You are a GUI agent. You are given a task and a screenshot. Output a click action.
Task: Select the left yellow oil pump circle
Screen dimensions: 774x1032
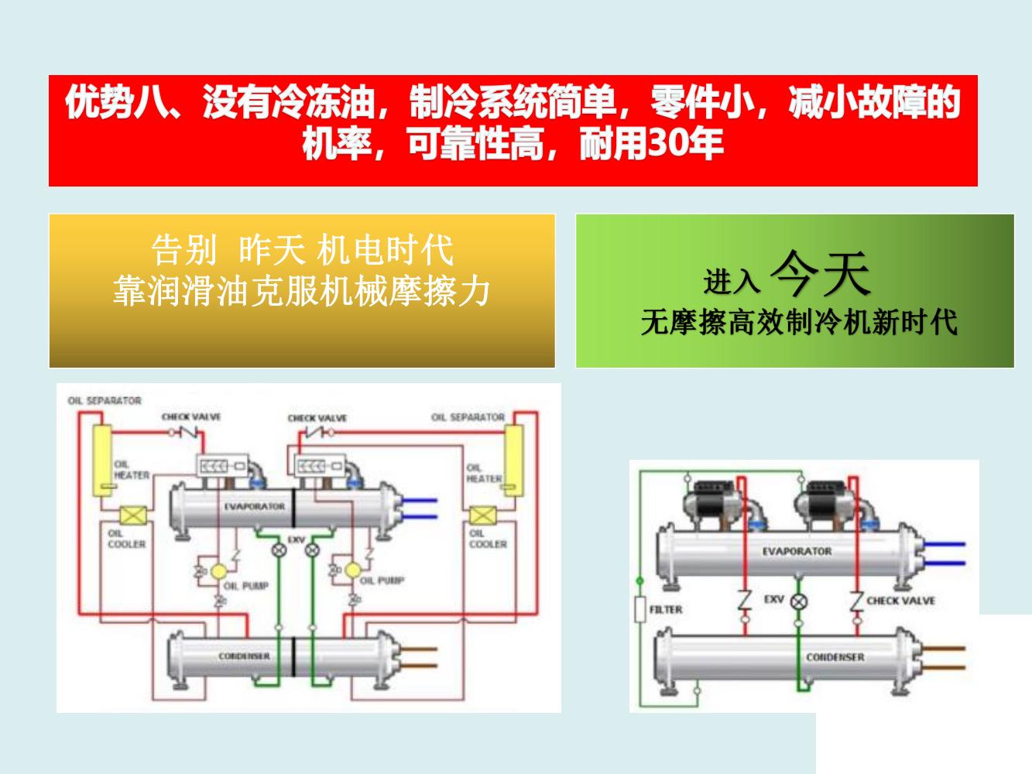(219, 570)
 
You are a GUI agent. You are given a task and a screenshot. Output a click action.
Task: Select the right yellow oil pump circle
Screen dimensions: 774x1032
(353, 570)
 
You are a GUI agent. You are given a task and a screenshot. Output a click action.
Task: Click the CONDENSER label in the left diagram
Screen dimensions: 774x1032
(244, 656)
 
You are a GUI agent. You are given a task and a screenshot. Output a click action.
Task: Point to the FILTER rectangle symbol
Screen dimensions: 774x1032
(640, 610)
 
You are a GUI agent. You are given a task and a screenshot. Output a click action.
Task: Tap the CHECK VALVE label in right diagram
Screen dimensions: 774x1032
(900, 601)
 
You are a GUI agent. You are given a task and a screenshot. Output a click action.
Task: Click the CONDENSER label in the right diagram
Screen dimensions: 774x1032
(835, 657)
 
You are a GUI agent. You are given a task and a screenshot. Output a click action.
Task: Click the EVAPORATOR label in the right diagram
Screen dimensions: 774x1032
(797, 551)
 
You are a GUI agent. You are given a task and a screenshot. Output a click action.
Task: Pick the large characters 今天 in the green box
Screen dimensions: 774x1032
(821, 275)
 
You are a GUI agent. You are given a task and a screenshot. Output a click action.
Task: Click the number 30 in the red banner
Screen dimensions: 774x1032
(664, 143)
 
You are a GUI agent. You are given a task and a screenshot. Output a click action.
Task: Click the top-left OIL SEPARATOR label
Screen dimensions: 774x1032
(105, 401)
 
